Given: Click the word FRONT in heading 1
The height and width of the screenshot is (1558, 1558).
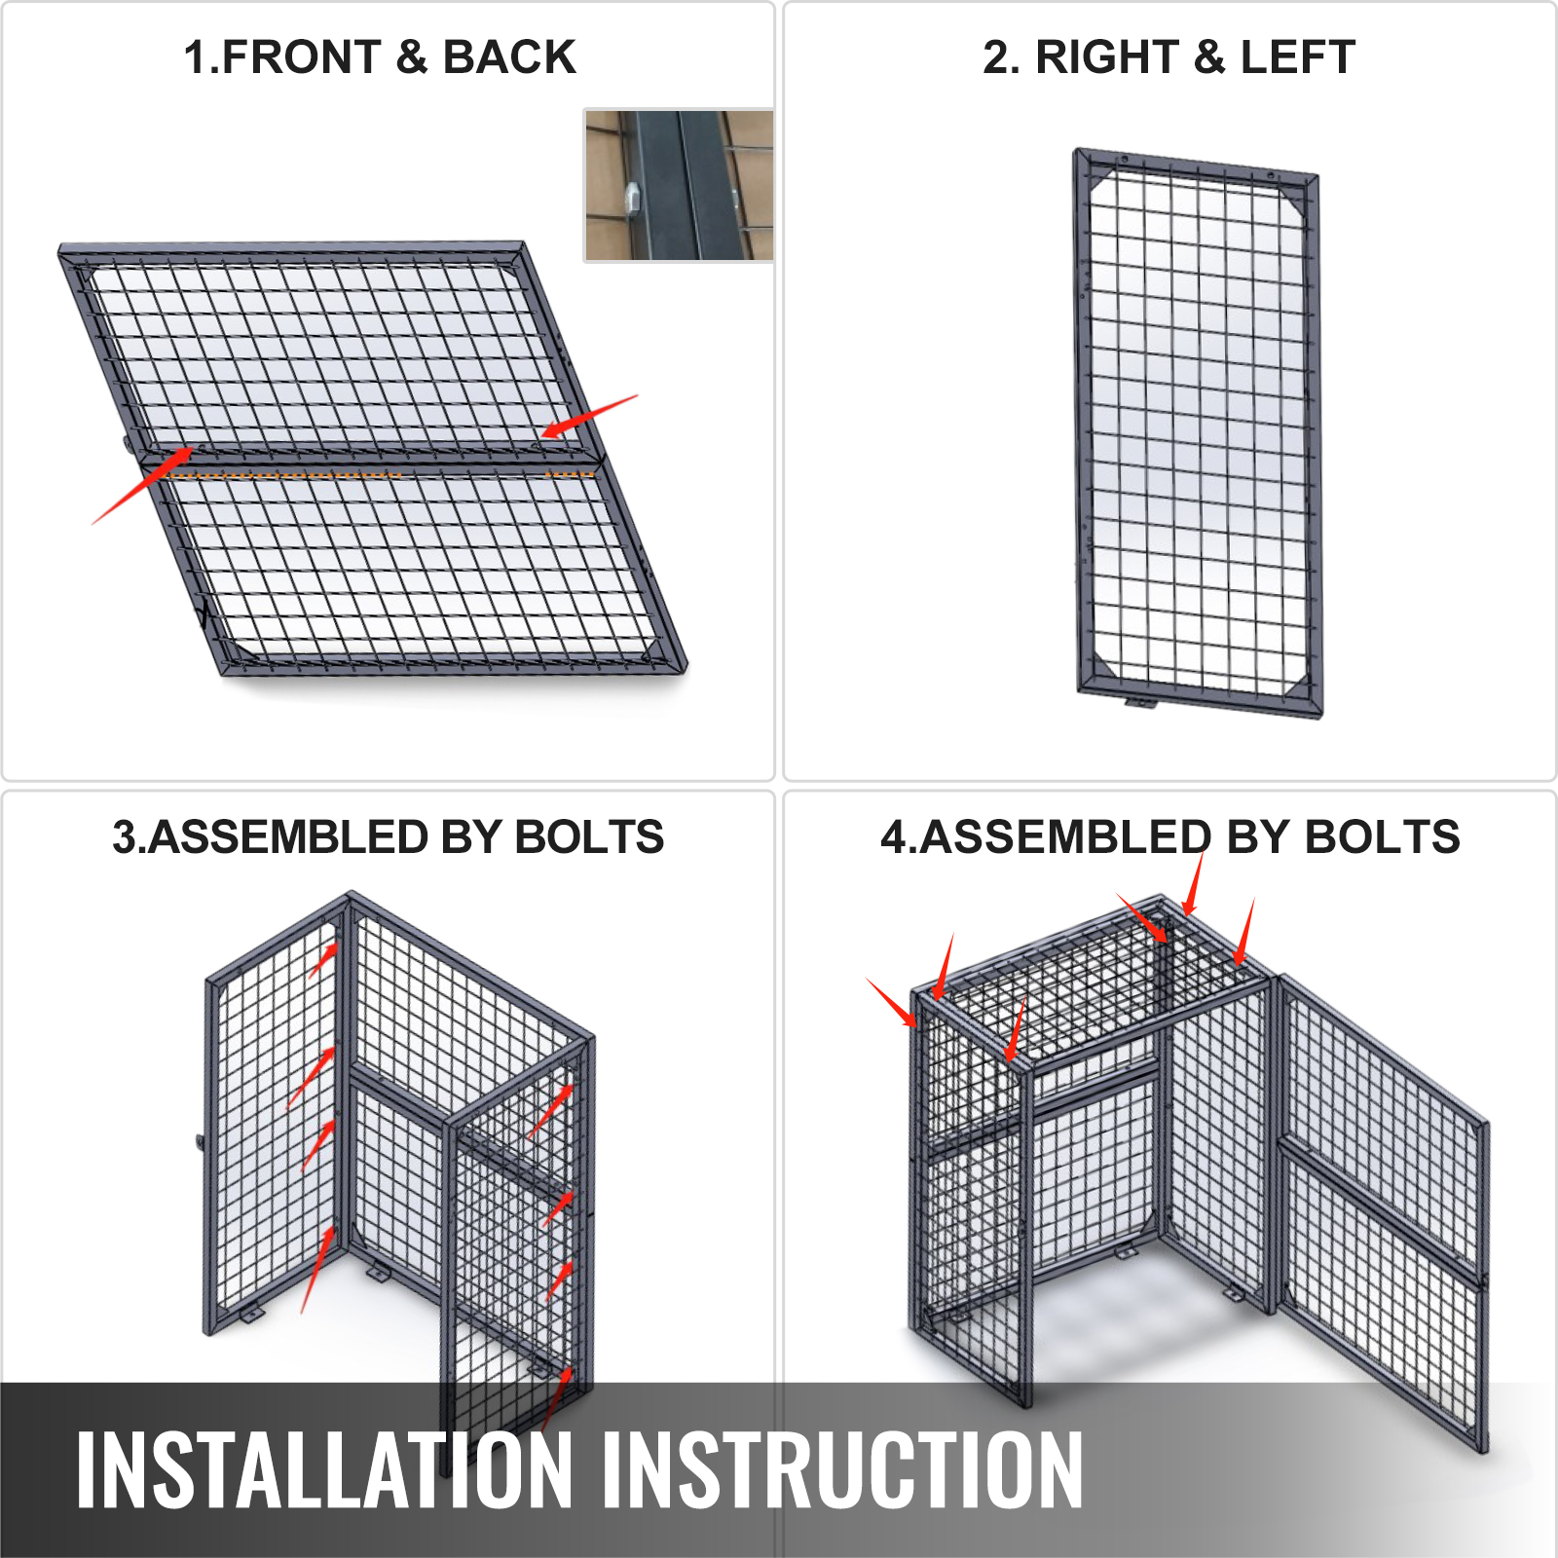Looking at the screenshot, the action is tap(302, 57).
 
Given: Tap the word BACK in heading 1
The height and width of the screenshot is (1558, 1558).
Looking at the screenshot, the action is tap(509, 57).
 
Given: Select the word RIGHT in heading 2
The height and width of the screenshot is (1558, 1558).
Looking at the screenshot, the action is tap(1107, 57).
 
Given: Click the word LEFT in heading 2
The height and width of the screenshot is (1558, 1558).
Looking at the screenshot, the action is tap(1298, 57).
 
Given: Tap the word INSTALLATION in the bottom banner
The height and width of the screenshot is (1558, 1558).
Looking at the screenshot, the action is tap(324, 1470).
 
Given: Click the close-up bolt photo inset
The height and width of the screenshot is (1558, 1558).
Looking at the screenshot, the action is tap(679, 185).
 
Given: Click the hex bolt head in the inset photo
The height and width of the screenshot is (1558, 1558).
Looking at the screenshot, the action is tap(631, 199).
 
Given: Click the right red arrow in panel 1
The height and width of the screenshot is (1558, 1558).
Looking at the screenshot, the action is tap(589, 416).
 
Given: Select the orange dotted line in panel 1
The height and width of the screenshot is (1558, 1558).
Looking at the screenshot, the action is tap(381, 475).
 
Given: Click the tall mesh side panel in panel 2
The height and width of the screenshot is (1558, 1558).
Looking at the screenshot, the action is tap(1198, 433).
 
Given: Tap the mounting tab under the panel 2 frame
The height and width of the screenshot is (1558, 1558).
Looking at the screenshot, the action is tap(1140, 701).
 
